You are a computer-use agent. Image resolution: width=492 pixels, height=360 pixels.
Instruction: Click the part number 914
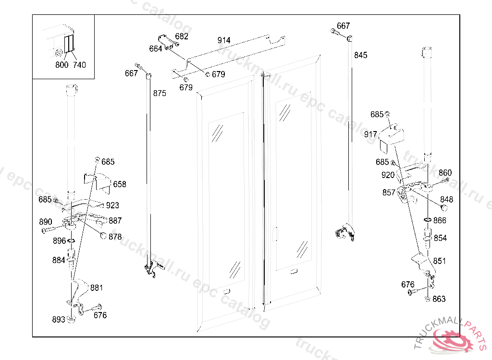click(x=224, y=40)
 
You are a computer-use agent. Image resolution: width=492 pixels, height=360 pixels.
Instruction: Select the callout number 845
click(x=360, y=55)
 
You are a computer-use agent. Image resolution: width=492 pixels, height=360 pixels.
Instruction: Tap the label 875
click(x=160, y=93)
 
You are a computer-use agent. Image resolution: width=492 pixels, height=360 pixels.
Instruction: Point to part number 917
click(x=370, y=134)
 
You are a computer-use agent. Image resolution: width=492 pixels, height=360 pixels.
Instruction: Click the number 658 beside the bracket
click(x=120, y=184)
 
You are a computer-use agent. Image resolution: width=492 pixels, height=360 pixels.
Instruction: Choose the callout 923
click(x=112, y=205)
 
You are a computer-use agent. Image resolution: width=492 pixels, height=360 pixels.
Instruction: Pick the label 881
click(x=97, y=288)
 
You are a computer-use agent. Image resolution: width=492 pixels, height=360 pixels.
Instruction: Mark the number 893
click(x=59, y=320)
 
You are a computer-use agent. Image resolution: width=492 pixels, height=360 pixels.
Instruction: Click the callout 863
click(x=439, y=299)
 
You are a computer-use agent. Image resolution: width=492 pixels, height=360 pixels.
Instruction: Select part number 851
click(x=439, y=261)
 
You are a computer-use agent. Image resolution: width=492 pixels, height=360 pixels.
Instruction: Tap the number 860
click(x=445, y=173)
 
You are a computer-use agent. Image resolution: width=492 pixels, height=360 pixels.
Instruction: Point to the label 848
click(x=446, y=199)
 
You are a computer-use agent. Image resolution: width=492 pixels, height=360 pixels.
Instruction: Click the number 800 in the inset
click(x=61, y=65)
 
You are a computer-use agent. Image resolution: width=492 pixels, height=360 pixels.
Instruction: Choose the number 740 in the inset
click(x=79, y=65)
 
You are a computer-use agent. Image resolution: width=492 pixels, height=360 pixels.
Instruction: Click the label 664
click(x=156, y=48)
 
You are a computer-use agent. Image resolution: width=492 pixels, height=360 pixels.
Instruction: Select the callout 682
click(x=182, y=36)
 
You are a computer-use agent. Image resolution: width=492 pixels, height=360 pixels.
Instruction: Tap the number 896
click(x=59, y=241)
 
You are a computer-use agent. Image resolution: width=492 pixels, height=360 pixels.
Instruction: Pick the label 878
click(x=115, y=237)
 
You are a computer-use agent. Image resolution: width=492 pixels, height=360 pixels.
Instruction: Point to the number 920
click(x=388, y=175)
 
